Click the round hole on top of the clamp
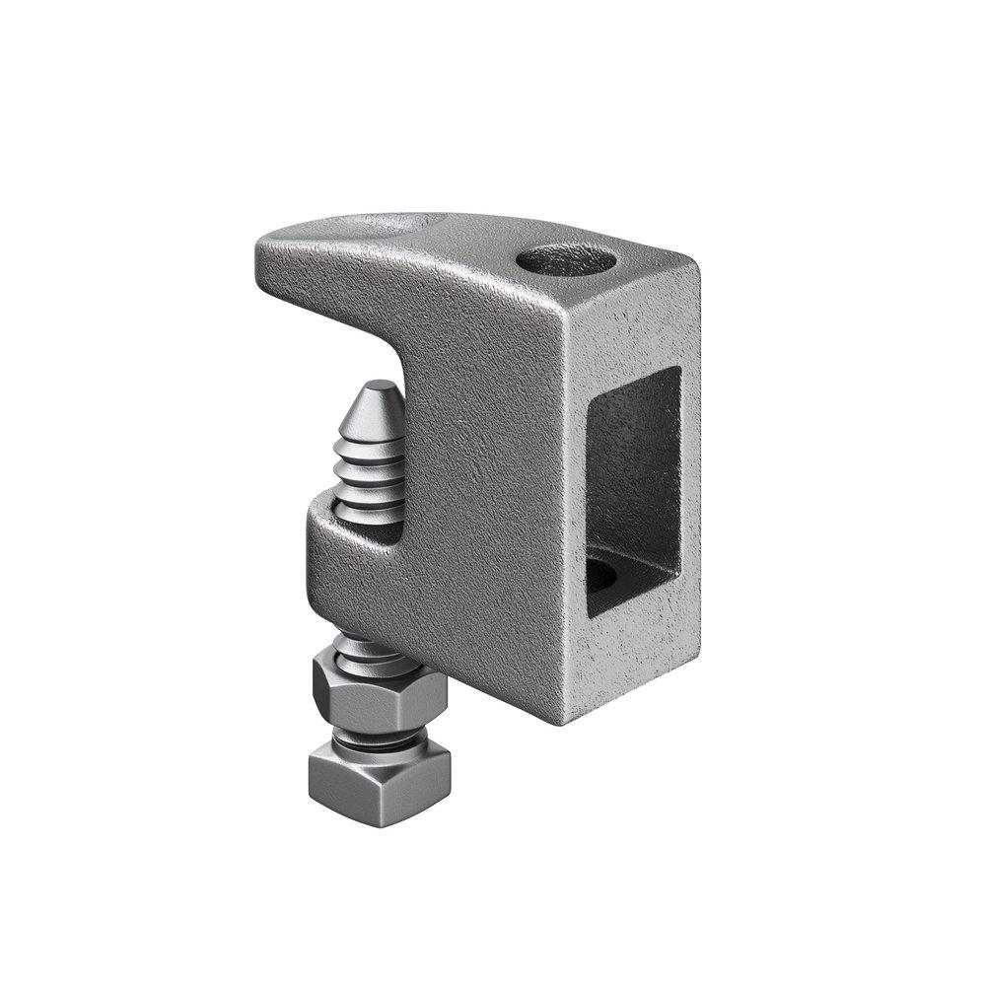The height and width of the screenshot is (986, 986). (566, 260)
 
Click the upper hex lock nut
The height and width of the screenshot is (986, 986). (379, 691)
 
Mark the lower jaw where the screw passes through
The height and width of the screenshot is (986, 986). (345, 552)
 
